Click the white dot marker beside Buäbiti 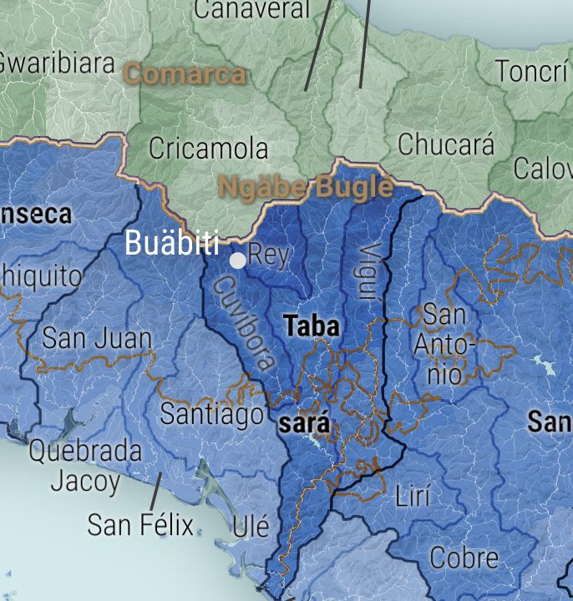pos(238,260)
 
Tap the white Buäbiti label pos(171,243)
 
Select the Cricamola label pos(208,149)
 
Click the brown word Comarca pos(185,73)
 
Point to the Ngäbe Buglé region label pos(305,186)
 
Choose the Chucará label pos(446,144)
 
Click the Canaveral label pos(251,10)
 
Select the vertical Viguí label pos(368,271)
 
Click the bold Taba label pos(312,326)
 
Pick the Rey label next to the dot pos(269,255)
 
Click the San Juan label pos(97,339)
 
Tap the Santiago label pos(212,412)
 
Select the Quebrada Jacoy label pos(85,466)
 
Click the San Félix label pos(140,526)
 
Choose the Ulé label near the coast pos(251,527)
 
